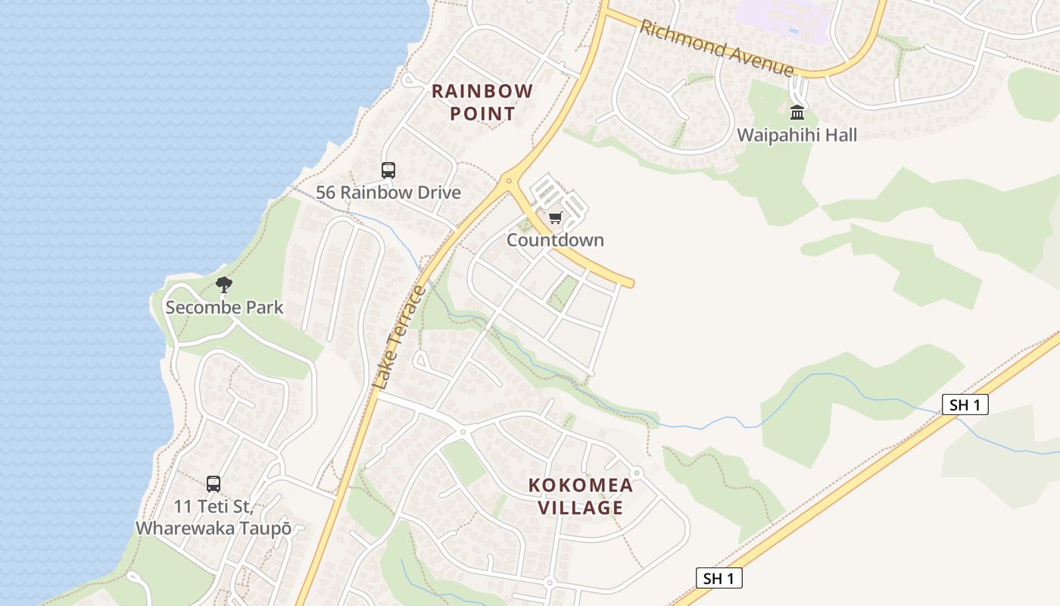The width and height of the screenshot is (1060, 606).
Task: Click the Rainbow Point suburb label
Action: (482, 102)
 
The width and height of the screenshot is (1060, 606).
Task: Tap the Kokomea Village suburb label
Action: (580, 496)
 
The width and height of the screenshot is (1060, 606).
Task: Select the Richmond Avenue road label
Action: (715, 48)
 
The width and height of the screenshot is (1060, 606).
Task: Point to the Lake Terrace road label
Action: (400, 337)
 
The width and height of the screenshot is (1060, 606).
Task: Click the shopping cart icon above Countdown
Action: (555, 218)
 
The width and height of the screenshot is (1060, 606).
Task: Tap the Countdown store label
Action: (555, 240)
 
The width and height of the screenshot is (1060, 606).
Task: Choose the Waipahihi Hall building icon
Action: (797, 113)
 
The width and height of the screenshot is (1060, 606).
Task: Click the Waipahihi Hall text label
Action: (797, 135)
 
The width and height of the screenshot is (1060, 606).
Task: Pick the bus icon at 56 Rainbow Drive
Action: (388, 170)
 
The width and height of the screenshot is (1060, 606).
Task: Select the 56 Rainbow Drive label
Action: (388, 192)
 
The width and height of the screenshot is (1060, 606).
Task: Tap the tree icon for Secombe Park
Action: (223, 285)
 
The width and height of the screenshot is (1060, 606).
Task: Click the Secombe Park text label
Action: (224, 307)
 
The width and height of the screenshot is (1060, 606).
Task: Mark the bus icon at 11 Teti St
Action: (214, 483)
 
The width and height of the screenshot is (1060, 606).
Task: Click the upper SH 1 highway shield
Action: (965, 405)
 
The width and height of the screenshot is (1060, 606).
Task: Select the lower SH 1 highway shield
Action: (719, 579)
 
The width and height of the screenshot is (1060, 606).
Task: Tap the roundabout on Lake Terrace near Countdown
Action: (507, 180)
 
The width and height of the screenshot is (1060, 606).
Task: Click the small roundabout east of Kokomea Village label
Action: (636, 473)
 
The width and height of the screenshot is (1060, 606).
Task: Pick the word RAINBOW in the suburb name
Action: (482, 92)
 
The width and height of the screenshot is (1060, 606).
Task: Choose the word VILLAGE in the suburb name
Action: (580, 508)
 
